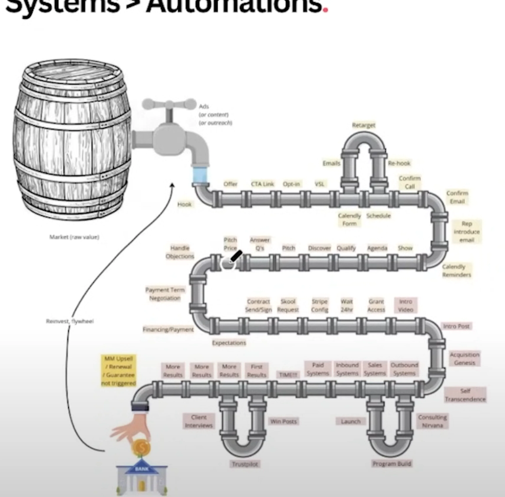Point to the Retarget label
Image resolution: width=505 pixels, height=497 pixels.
363,125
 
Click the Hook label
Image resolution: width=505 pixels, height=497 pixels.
185,204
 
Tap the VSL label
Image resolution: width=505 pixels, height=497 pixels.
319,184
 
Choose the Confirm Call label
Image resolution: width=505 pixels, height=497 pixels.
410,182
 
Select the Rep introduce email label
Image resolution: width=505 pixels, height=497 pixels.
467,232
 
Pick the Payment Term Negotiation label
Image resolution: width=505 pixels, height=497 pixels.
165,294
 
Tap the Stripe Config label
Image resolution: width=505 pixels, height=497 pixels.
319,305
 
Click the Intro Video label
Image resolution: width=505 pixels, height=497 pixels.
406,305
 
